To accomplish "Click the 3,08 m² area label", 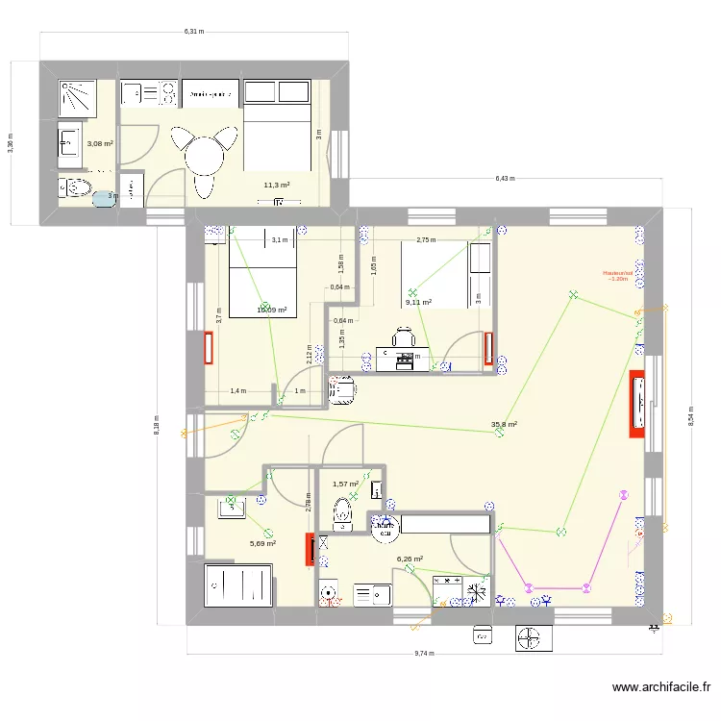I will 100,143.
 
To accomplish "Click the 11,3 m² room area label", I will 277,185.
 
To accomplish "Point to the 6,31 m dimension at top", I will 194,32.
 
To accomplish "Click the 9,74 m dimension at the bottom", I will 423,654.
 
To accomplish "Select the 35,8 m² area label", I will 505,424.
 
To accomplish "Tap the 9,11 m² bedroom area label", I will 418,302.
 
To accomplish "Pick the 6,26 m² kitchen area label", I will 410,559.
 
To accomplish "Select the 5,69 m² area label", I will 262,543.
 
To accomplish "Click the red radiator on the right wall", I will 636,404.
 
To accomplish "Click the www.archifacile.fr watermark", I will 662,688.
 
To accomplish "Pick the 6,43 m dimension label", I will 505,179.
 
